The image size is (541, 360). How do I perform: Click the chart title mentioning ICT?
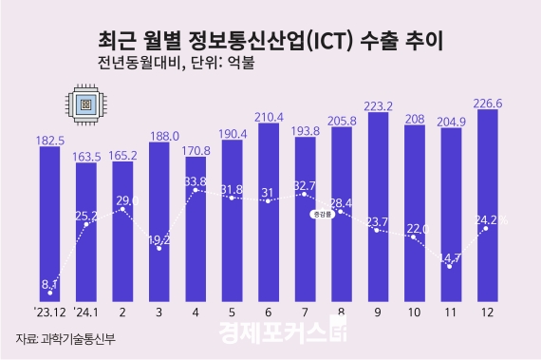pos(270,41)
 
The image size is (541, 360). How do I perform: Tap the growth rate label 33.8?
pos(196,180)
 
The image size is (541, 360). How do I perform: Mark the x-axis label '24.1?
pos(87,311)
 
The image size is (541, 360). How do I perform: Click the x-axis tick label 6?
pos(270,311)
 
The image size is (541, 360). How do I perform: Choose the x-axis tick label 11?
pos(452,311)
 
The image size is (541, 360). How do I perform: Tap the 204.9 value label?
pos(452,121)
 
